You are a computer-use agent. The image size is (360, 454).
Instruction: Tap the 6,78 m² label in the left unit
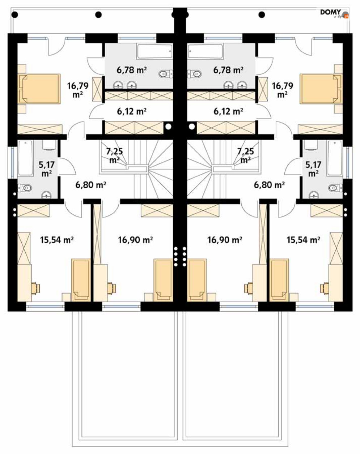pos(132,70)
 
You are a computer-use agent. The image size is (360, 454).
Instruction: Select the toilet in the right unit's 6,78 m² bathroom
pos(194,74)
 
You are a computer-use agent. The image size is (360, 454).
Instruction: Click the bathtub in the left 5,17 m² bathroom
pos(25,158)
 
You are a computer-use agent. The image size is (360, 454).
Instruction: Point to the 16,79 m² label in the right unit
pos(283,90)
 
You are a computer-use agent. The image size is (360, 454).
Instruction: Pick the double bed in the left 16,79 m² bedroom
pos(39,89)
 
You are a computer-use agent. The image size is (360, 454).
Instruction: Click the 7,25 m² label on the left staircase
pos(114,155)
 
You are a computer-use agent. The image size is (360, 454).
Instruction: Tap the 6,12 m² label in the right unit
pos(228,111)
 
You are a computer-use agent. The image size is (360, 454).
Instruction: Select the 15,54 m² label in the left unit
pos(57,240)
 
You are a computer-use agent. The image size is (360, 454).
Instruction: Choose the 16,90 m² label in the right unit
pos(224,240)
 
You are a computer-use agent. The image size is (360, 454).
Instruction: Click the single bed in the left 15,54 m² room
pos(81,280)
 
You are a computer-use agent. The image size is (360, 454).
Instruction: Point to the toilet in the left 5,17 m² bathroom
pos(25,188)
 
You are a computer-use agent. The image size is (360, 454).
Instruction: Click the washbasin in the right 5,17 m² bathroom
pos(314,195)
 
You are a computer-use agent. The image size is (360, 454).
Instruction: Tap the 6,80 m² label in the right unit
pos(269,185)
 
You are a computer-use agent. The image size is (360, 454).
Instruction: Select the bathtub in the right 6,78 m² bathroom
pos(206,51)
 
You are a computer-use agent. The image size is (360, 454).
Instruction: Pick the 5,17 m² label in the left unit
pos(47,169)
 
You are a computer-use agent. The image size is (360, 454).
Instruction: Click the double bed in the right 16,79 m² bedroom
pos(321,89)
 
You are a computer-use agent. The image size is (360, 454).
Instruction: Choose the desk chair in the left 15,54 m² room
pos(35,288)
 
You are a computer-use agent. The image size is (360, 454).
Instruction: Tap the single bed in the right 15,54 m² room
pos(279,280)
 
